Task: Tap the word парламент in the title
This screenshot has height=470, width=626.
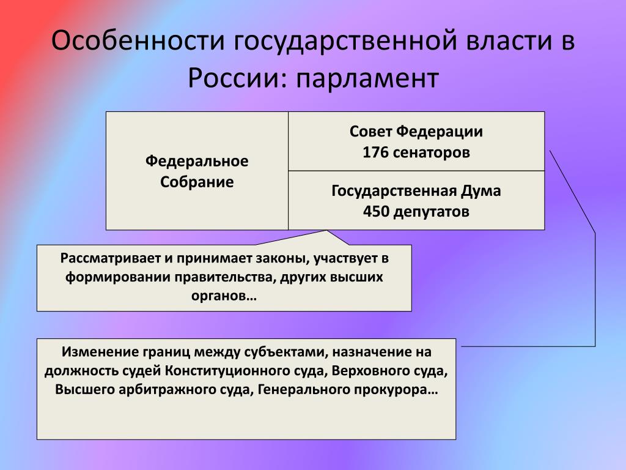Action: [x=367, y=78]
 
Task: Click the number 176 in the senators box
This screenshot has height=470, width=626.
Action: [x=375, y=152]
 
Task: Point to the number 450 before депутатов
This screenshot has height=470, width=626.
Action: [x=376, y=211]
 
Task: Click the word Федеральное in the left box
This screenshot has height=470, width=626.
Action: [x=197, y=161]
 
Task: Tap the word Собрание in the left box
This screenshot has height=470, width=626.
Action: [x=197, y=182]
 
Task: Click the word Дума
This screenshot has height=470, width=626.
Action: [x=481, y=191]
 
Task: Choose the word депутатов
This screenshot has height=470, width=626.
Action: [x=431, y=212]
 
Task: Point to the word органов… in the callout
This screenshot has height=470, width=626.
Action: [x=224, y=296]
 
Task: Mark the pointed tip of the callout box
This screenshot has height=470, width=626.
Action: [x=326, y=231]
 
